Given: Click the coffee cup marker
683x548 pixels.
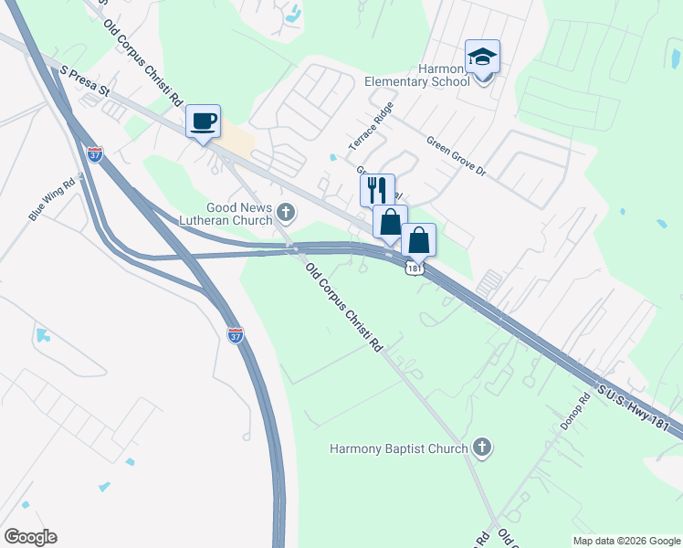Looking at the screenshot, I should click(x=204, y=121).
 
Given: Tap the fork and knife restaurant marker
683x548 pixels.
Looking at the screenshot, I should click(x=377, y=191).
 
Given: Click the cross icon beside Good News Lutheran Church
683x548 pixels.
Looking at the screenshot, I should click(x=286, y=214).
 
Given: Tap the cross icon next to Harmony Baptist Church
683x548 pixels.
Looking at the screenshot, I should click(x=482, y=448).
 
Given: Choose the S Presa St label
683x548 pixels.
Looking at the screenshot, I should click(x=85, y=80).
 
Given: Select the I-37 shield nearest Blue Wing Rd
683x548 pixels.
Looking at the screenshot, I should click(x=95, y=154).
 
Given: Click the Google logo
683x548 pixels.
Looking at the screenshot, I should click(x=30, y=537).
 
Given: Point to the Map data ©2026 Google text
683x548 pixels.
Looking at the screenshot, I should click(x=625, y=541).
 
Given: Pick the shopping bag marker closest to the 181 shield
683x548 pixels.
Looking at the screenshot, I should click(x=418, y=240).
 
